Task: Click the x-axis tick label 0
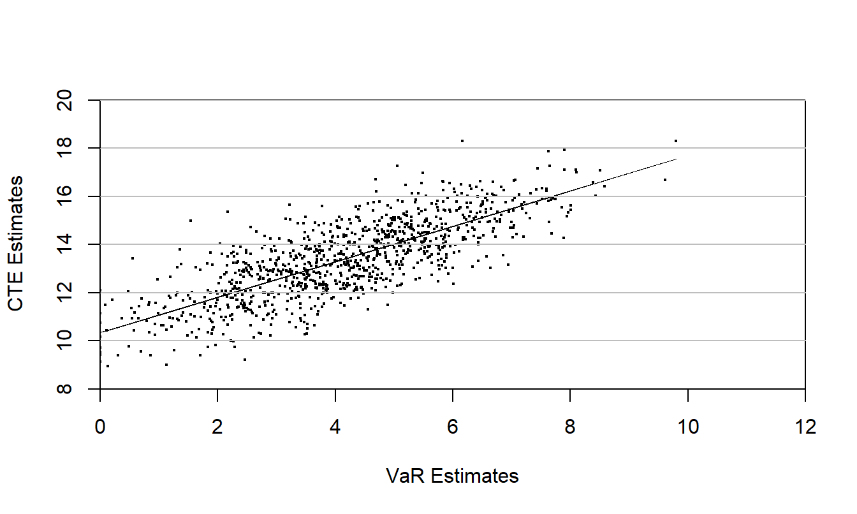[x=100, y=427]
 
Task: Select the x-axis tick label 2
[x=217, y=427]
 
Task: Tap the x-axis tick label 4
[x=335, y=427]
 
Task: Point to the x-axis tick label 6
[x=453, y=427]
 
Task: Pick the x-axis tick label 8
[x=570, y=427]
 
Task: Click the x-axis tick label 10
[x=688, y=427]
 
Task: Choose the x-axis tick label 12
[x=805, y=427]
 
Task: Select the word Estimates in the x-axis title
[x=474, y=476]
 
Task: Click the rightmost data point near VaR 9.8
[x=675, y=141]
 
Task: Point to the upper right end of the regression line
[x=676, y=159]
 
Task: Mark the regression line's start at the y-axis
[x=101, y=332]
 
